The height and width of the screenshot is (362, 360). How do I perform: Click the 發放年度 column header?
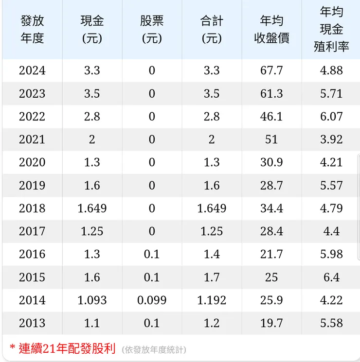coord(32,29)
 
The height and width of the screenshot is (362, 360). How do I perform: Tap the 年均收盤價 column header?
coord(271,29)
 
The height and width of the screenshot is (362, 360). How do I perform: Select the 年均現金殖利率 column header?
coord(331,29)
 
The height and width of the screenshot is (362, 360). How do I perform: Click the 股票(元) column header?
coord(152,29)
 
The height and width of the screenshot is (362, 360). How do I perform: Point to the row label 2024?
coord(32,70)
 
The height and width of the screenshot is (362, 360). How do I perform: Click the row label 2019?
coord(32,185)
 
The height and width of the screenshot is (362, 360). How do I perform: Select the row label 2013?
coord(32,323)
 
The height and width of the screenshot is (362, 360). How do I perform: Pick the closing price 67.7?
coord(271,70)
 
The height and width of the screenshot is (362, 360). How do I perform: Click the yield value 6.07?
coord(331,116)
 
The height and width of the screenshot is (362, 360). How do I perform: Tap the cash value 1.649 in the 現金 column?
coord(92,208)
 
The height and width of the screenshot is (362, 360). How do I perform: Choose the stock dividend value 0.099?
coord(152,300)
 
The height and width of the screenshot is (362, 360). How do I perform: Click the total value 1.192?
coord(212,300)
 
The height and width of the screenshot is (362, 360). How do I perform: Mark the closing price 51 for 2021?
coord(271,139)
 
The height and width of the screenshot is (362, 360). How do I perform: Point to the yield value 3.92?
coord(331,139)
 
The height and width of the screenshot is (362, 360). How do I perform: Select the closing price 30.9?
coord(271,162)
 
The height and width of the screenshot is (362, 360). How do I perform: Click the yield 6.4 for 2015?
coord(331,277)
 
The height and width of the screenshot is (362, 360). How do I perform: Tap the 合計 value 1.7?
coord(212,277)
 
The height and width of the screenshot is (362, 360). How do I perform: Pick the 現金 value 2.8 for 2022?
coord(92,116)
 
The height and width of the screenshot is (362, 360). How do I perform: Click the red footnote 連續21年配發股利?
coord(67,348)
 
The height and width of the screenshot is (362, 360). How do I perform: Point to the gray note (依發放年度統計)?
coord(154,350)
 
